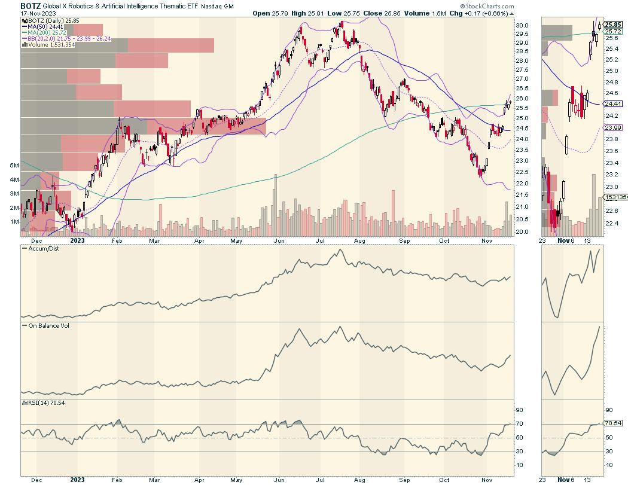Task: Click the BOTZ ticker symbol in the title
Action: coord(31,5)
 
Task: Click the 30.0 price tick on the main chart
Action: coord(522,26)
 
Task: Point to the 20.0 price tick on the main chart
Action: coord(522,231)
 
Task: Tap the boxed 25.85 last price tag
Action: coord(610,25)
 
